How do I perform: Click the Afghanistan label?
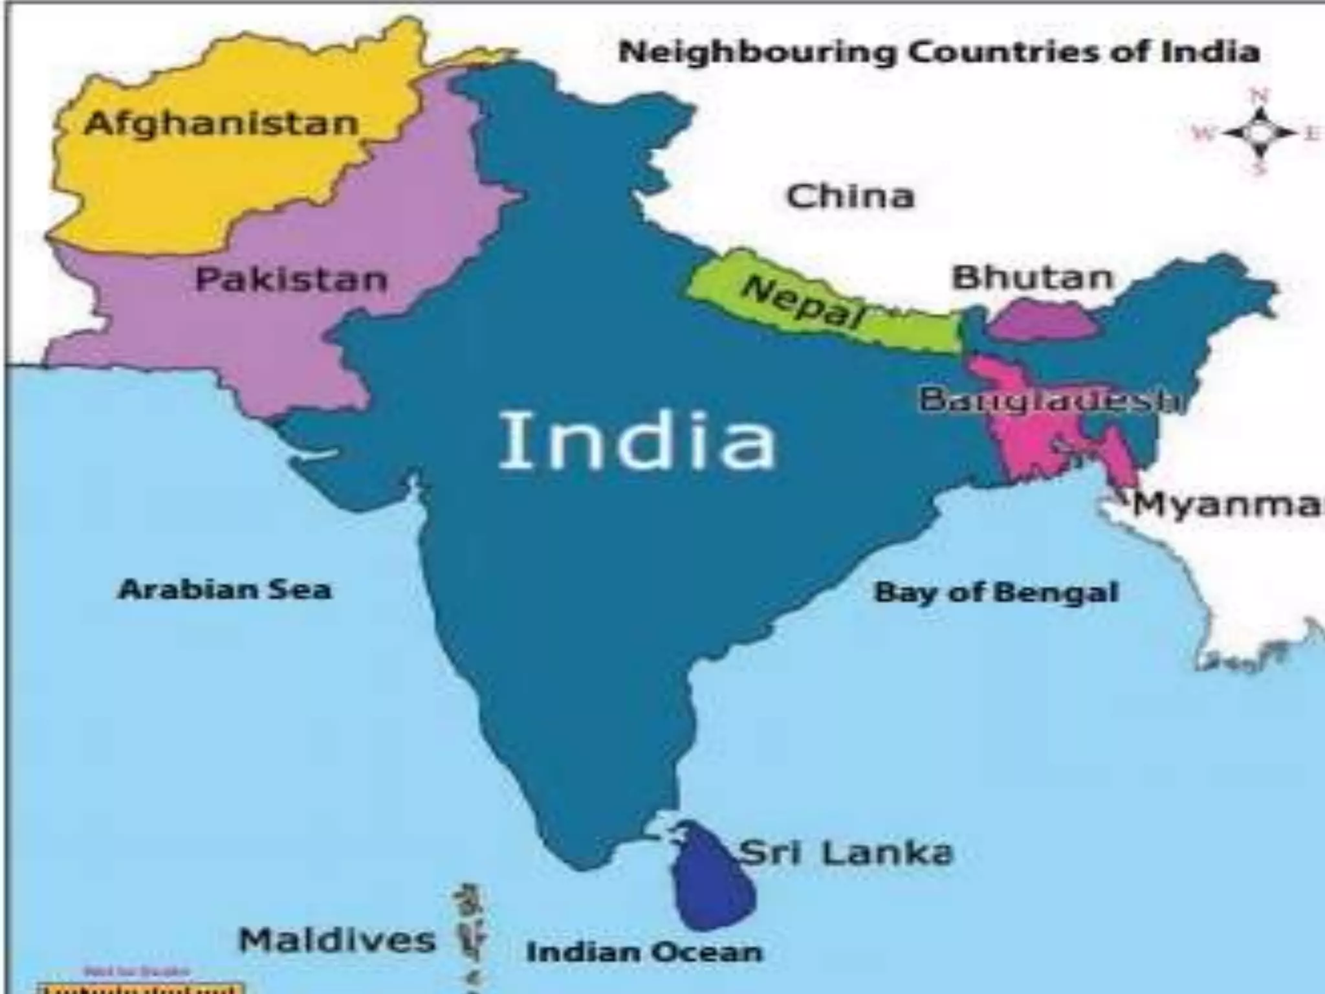coord(221,123)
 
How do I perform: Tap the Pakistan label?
coord(291,280)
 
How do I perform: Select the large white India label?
coord(637,441)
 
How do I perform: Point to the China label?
coord(850,195)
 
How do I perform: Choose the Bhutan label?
coord(1033,278)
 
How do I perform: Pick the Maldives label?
coord(337,940)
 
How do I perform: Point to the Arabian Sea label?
coord(224,590)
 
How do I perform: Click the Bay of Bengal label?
coord(996,592)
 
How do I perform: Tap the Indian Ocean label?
coord(644,952)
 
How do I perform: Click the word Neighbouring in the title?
coord(756,52)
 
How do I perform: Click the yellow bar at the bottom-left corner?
coord(140,988)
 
